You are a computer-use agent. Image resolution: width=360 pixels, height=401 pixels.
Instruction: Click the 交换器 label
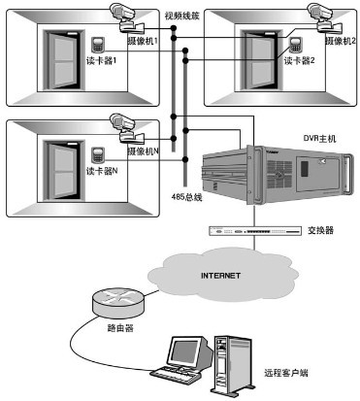[x=322, y=231]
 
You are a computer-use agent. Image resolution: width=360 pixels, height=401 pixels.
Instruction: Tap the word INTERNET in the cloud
[x=219, y=275]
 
